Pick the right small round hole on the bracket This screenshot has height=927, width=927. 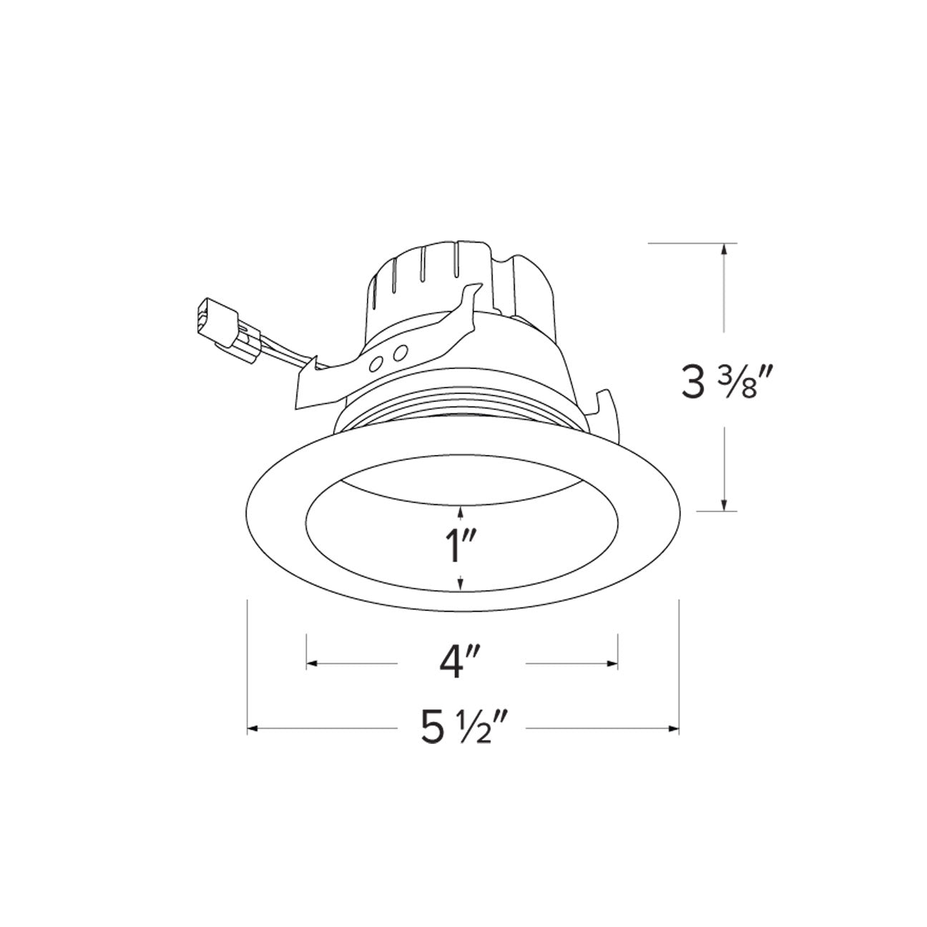[x=400, y=353]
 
